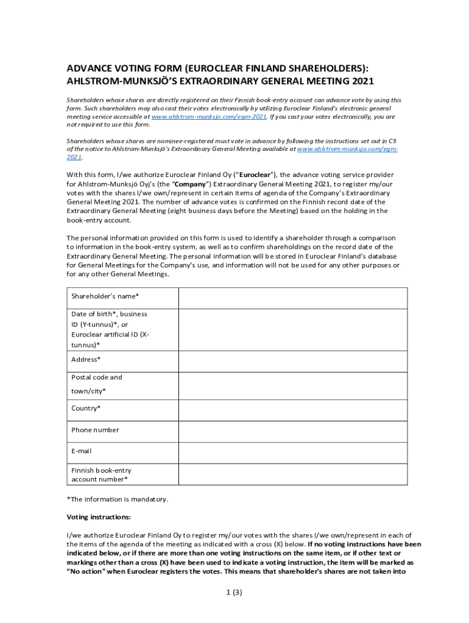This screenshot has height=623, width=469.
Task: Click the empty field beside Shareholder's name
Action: [x=292, y=298]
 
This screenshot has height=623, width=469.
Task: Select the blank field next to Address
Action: [x=292, y=361]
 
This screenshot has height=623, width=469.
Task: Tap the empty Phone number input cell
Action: [x=292, y=431]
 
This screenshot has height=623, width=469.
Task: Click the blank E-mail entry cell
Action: [x=292, y=452]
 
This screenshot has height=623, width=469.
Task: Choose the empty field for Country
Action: [x=292, y=409]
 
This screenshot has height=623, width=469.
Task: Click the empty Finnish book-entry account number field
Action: [x=292, y=474]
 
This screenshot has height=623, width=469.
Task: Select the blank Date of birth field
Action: [x=292, y=330]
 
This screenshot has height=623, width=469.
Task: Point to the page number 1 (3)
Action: [x=234, y=594]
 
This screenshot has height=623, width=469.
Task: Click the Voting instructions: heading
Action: [x=98, y=517]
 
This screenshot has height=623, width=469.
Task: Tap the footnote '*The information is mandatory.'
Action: [x=117, y=499]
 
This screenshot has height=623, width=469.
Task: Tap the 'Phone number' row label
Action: [x=95, y=430]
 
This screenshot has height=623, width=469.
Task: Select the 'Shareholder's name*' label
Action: [x=105, y=296]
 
